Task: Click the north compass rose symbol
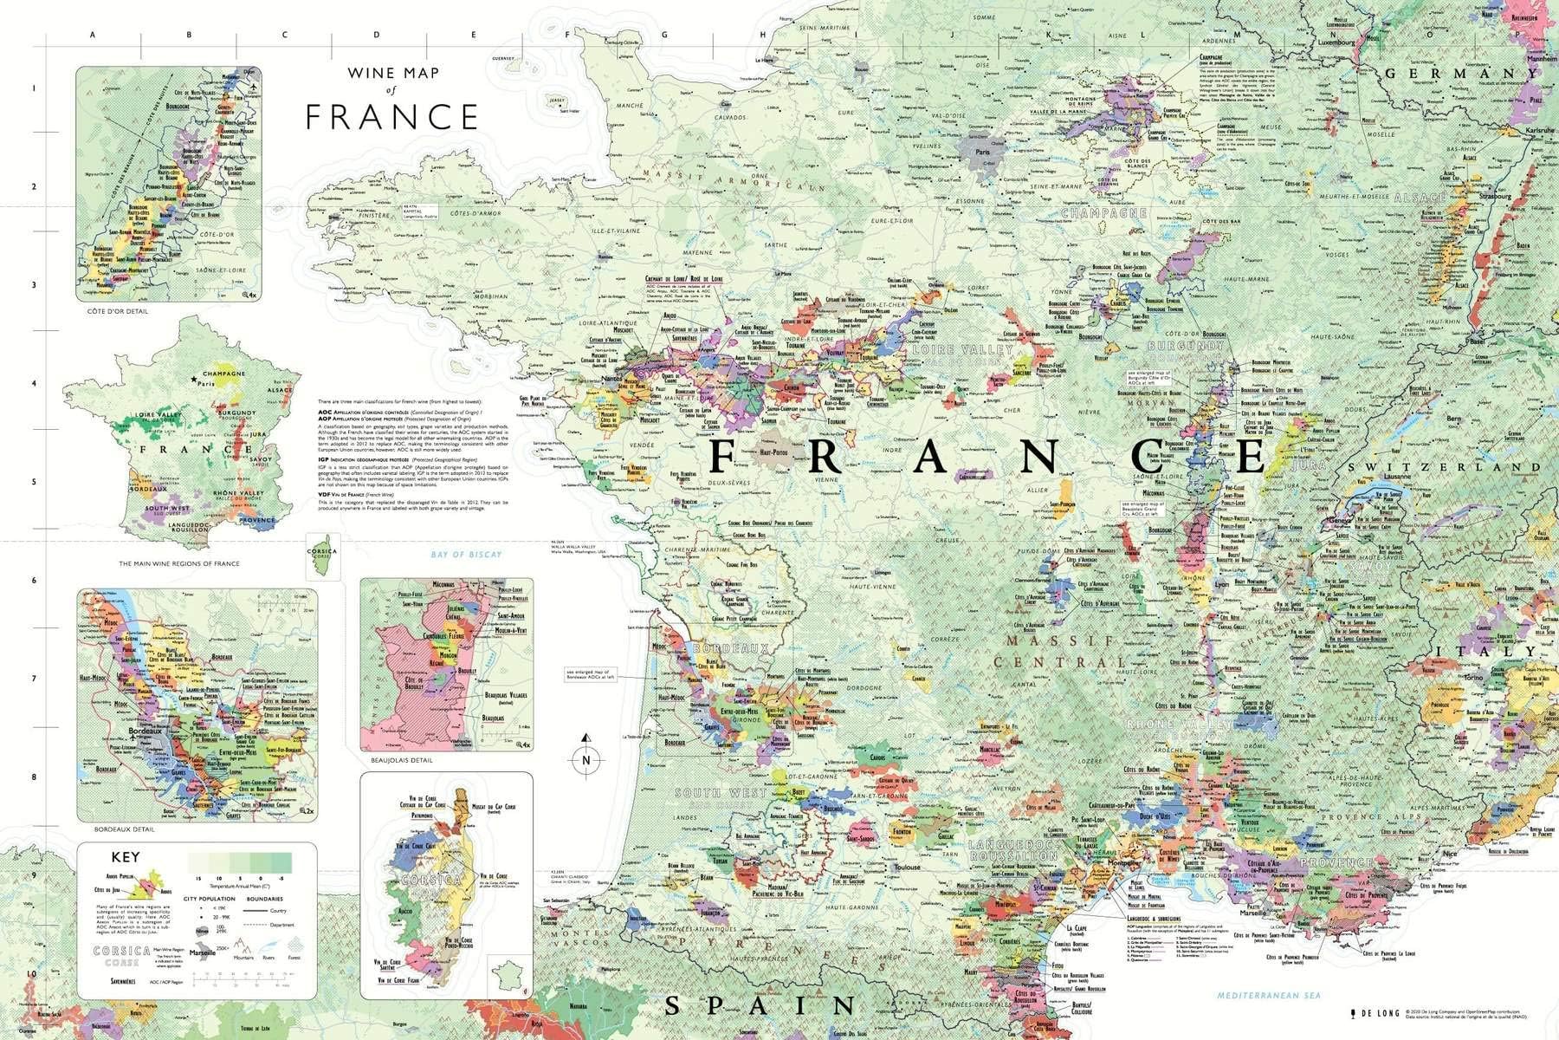[587, 760]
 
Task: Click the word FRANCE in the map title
[391, 116]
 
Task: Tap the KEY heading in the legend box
[126, 858]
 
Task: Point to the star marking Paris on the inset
[194, 380]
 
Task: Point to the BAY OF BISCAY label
[467, 555]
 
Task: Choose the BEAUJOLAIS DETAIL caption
[401, 760]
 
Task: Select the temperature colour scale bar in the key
[241, 862]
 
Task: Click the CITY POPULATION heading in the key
[209, 900]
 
